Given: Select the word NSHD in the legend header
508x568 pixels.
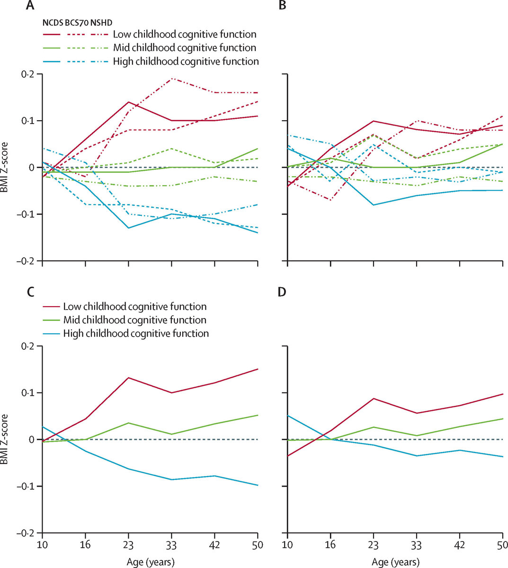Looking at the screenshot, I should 105,22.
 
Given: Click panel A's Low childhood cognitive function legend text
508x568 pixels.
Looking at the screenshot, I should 185,35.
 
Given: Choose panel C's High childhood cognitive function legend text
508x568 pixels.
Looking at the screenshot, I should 136,333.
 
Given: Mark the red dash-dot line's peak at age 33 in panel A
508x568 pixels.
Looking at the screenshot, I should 171,79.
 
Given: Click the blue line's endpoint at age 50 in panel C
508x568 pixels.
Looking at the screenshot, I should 258,485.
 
